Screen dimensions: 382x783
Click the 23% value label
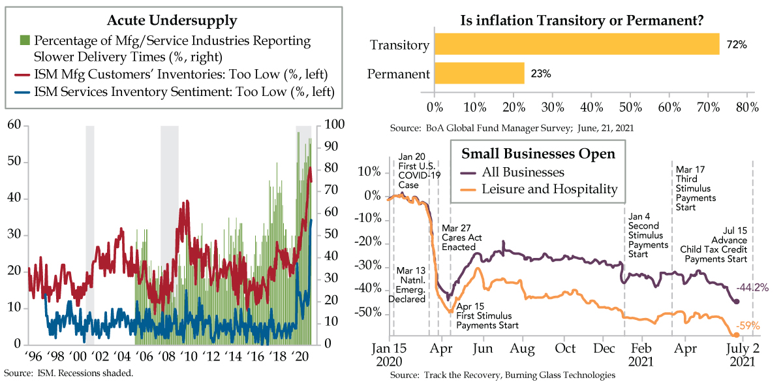pyautogui.click(x=540, y=73)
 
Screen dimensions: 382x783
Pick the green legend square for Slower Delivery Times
pyautogui.click(x=25, y=41)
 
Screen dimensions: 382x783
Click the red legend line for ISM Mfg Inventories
pyautogui.click(x=25, y=72)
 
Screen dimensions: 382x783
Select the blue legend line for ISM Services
pyautogui.click(x=25, y=92)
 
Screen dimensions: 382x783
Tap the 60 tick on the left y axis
pyautogui.click(x=14, y=125)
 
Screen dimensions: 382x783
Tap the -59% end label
pyautogui.click(x=749, y=326)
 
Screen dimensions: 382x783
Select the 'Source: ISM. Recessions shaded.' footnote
pyautogui.click(x=70, y=374)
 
